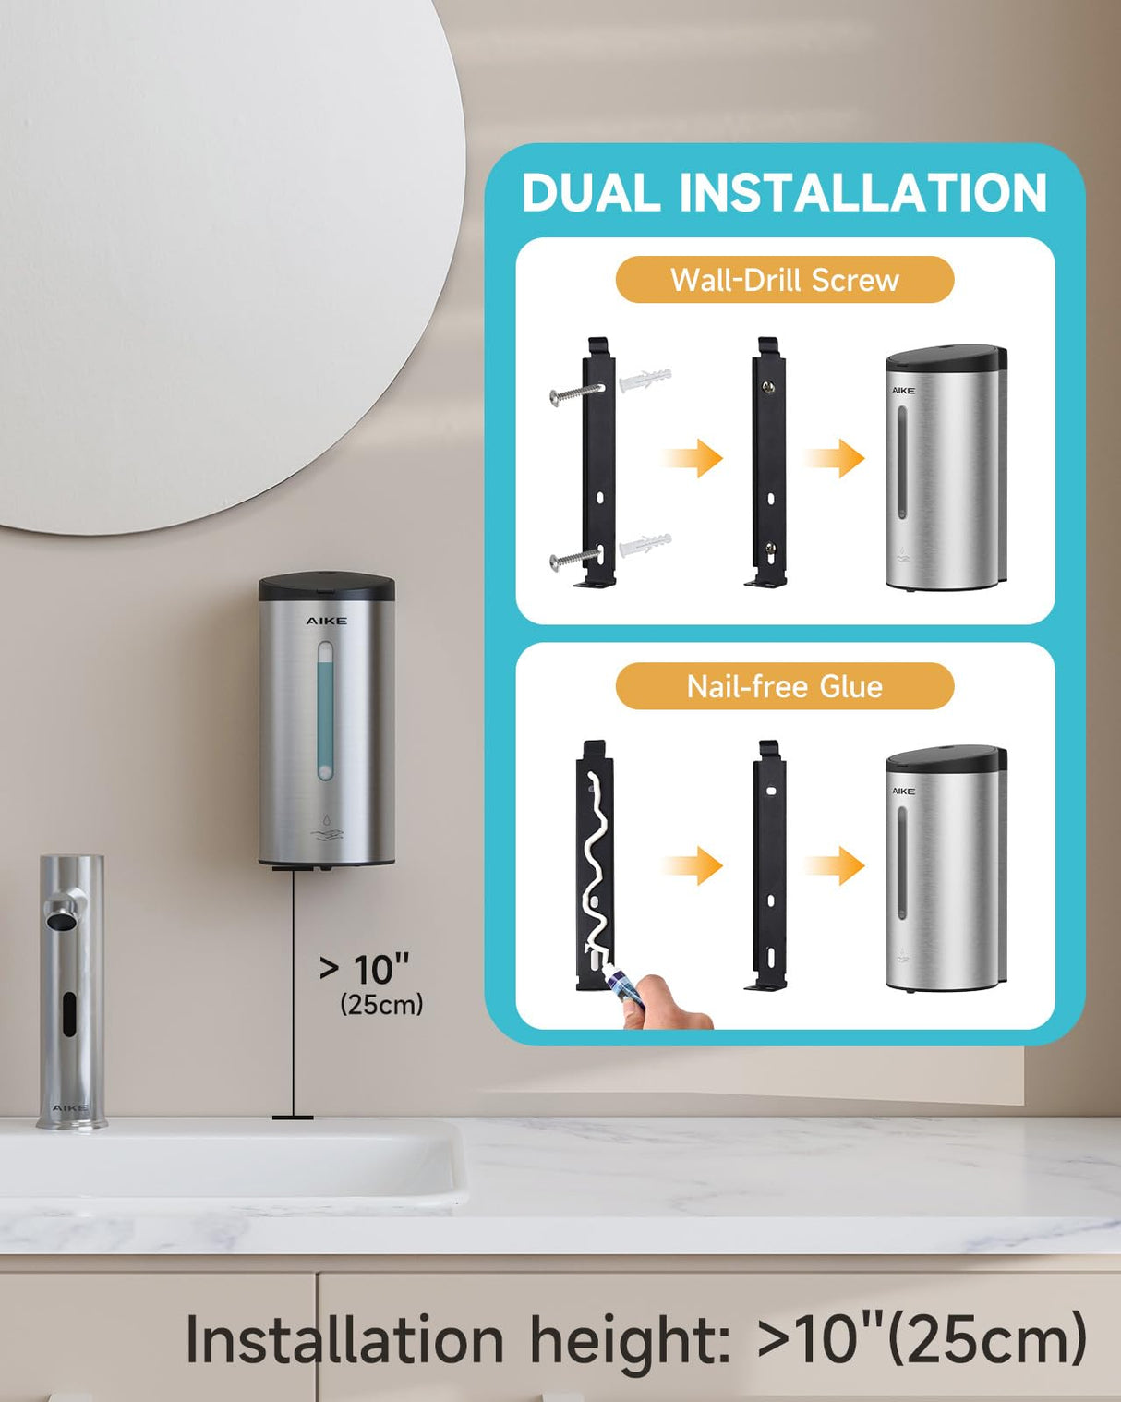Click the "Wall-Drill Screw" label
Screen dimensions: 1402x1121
pos(784,280)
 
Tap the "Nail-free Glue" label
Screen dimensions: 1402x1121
pos(784,686)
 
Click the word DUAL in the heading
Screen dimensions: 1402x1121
pos(591,193)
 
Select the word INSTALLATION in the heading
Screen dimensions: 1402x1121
pos(863,193)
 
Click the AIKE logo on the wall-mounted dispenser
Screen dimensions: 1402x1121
pos(327,621)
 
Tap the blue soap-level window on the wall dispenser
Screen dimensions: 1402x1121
pos(325,711)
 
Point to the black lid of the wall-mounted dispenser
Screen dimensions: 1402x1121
pos(327,586)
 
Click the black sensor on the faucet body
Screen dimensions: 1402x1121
pos(68,1013)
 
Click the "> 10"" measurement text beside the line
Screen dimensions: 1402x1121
pos(364,970)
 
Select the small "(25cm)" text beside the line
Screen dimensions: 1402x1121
pos(381,1004)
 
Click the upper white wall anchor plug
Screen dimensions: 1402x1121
pos(645,381)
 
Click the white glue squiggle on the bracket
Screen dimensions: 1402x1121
pos(596,868)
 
